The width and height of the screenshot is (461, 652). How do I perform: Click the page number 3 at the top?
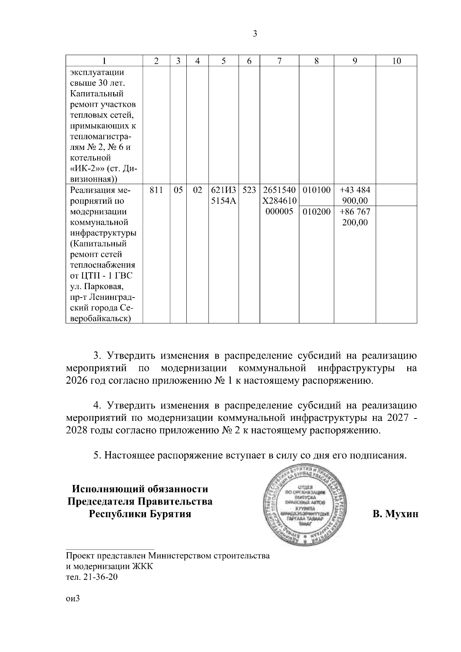255,34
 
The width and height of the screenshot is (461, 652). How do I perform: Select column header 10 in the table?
396,61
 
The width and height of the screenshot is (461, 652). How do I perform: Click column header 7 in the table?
279,61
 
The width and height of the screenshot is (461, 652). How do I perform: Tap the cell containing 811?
156,190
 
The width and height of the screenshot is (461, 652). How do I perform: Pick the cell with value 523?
249,190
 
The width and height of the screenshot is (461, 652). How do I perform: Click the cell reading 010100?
317,190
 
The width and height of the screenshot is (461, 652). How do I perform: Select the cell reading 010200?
317,212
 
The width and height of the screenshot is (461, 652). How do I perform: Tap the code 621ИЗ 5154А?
223,195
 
